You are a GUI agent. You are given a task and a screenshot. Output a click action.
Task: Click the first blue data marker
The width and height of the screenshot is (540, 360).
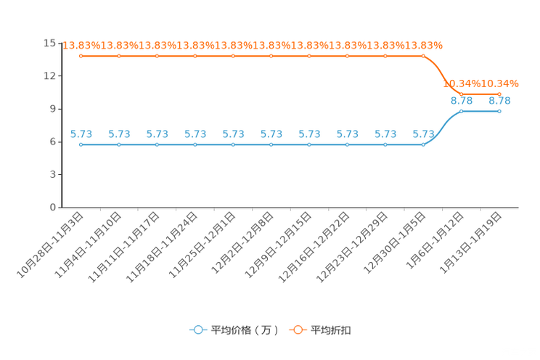(x=81, y=144)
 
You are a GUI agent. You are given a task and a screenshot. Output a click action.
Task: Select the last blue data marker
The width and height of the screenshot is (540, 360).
(x=499, y=111)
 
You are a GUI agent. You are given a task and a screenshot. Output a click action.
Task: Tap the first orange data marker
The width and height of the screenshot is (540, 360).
(x=81, y=56)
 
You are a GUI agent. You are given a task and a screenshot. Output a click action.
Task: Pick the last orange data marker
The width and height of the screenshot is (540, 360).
(x=499, y=94)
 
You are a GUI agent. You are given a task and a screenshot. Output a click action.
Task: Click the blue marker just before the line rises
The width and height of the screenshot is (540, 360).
(x=423, y=144)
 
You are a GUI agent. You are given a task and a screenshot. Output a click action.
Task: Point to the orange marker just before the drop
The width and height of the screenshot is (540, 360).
(x=423, y=56)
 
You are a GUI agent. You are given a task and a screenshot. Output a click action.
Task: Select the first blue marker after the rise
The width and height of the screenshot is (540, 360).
(x=462, y=111)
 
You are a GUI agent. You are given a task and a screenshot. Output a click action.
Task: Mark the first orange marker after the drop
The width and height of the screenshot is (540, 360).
(x=462, y=94)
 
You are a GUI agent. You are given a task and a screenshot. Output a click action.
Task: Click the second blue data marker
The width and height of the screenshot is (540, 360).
(x=119, y=144)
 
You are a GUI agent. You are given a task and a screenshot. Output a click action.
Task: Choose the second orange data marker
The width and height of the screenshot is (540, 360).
(x=119, y=56)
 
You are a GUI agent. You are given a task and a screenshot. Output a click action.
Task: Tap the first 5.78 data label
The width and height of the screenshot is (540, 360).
(x=81, y=134)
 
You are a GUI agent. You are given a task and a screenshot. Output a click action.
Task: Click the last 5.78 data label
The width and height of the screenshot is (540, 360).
(x=423, y=134)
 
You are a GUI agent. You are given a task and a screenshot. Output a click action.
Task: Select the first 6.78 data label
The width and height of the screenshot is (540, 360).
(x=462, y=101)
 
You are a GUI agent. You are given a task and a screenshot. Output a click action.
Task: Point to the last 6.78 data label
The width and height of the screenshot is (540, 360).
(x=499, y=101)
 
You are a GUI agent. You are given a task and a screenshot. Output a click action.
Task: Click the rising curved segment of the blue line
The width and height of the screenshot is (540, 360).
(x=443, y=128)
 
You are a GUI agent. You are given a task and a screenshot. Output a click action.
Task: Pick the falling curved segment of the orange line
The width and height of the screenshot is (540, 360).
(x=443, y=75)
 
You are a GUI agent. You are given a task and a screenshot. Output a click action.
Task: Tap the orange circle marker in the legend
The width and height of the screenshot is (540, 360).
(x=298, y=330)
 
